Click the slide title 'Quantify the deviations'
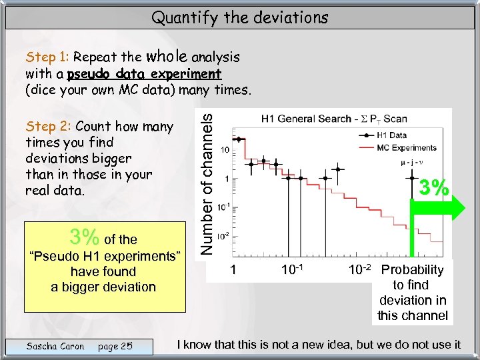click(240, 17)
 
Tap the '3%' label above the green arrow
click(434, 187)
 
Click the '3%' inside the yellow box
click(85, 237)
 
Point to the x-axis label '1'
click(233, 270)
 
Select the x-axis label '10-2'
click(361, 270)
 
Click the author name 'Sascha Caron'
click(55, 346)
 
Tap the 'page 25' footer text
click(115, 346)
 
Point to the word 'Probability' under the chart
click(412, 270)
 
